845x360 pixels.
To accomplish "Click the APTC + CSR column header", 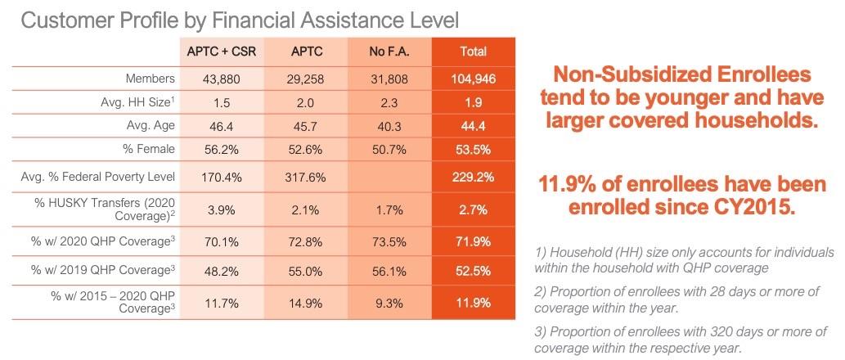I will pos(221,51).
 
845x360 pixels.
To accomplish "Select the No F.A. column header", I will pos(389,51).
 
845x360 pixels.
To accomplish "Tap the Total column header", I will pos(474,51).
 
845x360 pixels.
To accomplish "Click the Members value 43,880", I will pos(221,79).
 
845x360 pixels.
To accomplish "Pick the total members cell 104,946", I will pos(474,79).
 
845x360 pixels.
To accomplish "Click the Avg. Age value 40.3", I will pos(389,127).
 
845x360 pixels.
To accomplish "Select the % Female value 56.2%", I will pos(221,150).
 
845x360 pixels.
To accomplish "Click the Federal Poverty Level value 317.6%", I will pos(306,176).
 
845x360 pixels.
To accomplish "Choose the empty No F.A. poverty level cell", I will pos(389,176).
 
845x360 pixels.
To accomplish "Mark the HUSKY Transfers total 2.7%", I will pos(474,209).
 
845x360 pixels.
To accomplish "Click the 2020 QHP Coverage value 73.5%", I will pos(389,243).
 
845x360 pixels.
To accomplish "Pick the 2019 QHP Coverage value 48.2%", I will pos(221,269).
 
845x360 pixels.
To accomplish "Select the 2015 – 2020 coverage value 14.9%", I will pos(306,303).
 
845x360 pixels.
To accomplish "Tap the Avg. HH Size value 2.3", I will pos(389,103).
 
